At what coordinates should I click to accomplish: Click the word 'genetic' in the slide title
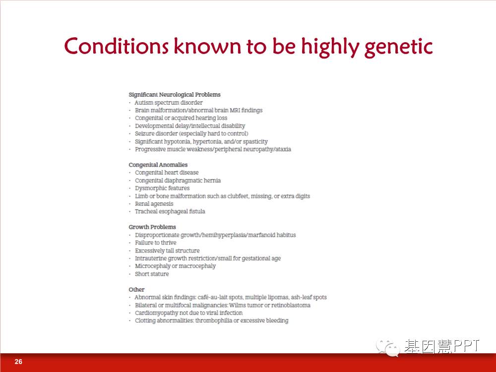point(399,47)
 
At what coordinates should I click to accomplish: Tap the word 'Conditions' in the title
point(116,46)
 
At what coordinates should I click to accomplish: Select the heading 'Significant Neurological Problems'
point(175,95)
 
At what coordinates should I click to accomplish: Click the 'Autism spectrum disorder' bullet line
point(169,103)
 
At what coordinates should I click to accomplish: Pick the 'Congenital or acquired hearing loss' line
point(181,118)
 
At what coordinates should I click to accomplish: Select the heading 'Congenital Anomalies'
point(158,165)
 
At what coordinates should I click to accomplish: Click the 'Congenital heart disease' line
point(167,173)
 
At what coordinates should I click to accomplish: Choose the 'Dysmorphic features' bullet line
point(162,188)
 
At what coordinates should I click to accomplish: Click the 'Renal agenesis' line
point(154,204)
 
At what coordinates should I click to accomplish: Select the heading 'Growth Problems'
point(152,227)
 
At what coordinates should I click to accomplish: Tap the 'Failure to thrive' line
point(156,243)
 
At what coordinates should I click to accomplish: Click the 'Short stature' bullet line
point(152,274)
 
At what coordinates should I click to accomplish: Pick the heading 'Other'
point(136,290)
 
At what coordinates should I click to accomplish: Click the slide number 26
point(18,362)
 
